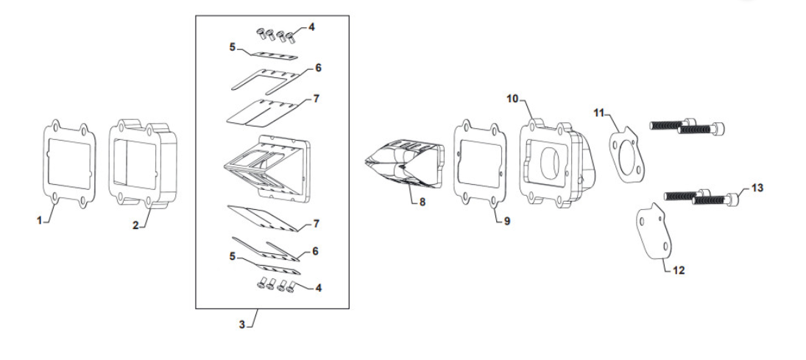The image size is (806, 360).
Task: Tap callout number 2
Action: pyautogui.click(x=136, y=226)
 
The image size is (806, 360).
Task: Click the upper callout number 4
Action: pyautogui.click(x=311, y=27)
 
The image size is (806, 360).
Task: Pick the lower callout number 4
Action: pyautogui.click(x=318, y=288)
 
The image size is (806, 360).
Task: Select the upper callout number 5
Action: pyautogui.click(x=232, y=47)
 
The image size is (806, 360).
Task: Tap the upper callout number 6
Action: pyautogui.click(x=318, y=68)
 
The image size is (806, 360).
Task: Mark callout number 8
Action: pyautogui.click(x=423, y=202)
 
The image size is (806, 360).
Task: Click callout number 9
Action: pyautogui.click(x=507, y=220)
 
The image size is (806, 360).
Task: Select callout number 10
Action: pyautogui.click(x=512, y=98)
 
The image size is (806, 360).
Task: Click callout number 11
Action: pyautogui.click(x=598, y=113)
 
